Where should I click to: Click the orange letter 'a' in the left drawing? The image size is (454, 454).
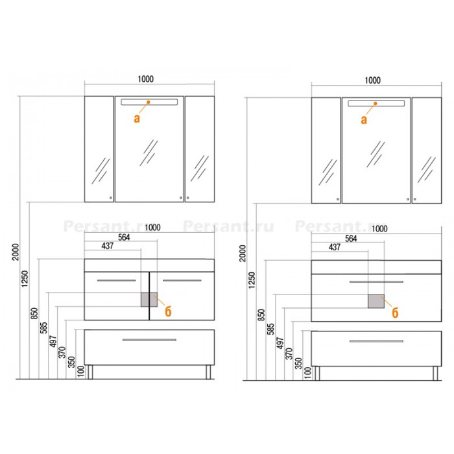point(137,119)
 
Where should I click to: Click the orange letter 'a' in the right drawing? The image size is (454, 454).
point(364,119)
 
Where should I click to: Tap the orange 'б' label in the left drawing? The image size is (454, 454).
point(168,311)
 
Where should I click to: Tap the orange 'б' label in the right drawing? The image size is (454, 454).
point(395,313)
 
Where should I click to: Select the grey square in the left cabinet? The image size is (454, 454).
point(149,300)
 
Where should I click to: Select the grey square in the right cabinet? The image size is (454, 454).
point(376,301)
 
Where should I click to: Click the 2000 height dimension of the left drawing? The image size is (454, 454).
point(16,252)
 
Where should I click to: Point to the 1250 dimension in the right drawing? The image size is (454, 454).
point(252,280)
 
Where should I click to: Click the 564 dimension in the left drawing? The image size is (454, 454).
point(124,237)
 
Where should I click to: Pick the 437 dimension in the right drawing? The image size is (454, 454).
point(335,247)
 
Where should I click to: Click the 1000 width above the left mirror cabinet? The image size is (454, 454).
point(145,79)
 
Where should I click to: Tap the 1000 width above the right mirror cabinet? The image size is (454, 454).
point(372,80)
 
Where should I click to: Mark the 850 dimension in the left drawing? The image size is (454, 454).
point(34,313)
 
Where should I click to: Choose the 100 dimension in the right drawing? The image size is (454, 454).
point(308,372)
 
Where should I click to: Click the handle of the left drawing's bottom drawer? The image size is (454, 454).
point(149,340)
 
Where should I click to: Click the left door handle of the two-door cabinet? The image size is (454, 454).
point(116,280)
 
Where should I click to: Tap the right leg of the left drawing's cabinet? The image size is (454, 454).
point(208,372)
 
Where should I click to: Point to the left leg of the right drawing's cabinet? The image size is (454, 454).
point(317,373)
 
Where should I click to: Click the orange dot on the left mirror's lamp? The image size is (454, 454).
point(149,102)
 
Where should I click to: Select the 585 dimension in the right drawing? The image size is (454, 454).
point(270,329)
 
